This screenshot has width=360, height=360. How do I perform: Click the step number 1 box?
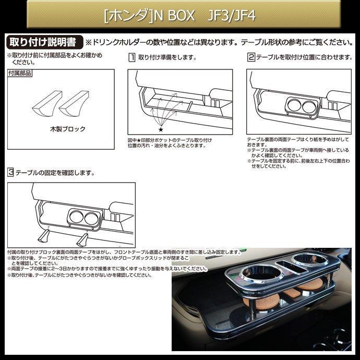(132, 57)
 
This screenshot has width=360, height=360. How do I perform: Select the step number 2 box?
(251, 57)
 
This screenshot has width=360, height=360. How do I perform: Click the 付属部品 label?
(20, 74)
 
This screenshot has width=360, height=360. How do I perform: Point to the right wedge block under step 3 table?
(82, 239)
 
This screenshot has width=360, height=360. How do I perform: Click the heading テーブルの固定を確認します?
(55, 172)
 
